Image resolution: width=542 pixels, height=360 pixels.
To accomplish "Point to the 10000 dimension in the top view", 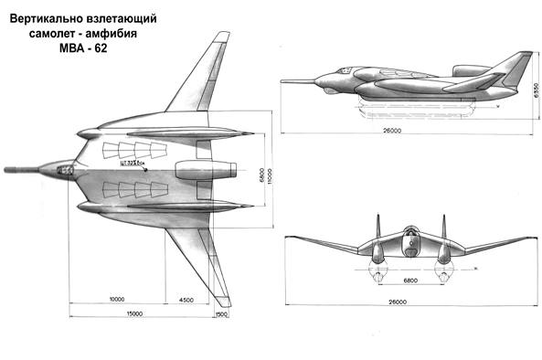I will point(116,299).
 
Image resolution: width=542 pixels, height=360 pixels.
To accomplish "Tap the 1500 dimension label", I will point(220,315).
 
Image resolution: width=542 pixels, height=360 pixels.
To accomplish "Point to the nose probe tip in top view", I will point(7,170).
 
